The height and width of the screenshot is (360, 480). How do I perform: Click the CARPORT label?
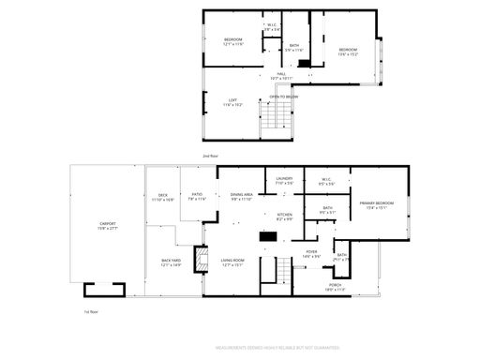[x=108, y=225]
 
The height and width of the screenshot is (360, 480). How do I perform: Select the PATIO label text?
[x=196, y=197]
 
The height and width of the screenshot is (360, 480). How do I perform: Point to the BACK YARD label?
[x=170, y=263]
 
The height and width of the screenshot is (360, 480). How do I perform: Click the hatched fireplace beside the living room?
[x=198, y=260]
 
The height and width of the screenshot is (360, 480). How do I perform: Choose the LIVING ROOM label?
[x=232, y=263]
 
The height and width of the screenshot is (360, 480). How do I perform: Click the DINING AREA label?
[x=242, y=197]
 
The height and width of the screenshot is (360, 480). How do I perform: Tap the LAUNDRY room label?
[x=284, y=181]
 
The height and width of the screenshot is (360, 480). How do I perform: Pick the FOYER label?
[x=311, y=253]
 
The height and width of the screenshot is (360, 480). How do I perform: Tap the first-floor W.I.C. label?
[x=327, y=181]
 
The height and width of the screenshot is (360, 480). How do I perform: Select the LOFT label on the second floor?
[x=232, y=102]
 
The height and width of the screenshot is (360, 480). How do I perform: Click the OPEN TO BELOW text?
[x=283, y=96]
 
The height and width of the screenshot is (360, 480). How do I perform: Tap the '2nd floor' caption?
[x=209, y=156]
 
